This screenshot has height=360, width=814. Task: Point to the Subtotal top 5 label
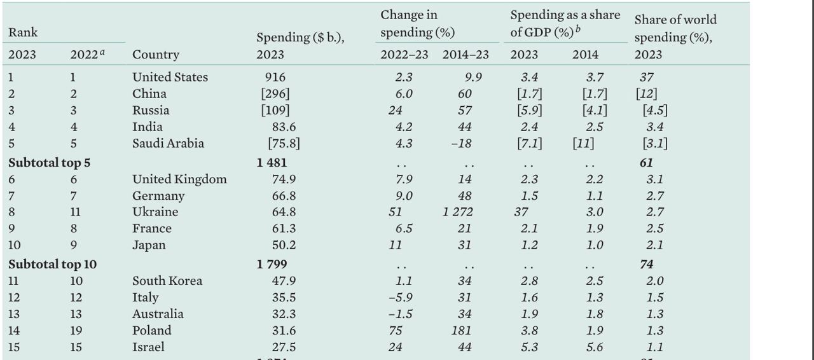pos(49,162)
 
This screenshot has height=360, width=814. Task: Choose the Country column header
pos(155,55)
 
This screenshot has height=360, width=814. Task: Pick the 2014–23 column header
pos(466,55)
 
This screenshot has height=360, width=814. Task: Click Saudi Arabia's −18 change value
pos(461,144)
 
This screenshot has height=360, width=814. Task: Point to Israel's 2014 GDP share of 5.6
pos(585,347)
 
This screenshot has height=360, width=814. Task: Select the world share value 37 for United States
pos(647,77)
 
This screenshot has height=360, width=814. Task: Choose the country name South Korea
pos(167,280)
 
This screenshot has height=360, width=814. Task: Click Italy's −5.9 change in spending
pos(399,297)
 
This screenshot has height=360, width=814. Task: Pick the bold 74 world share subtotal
pos(647,263)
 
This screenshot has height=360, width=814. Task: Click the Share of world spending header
pos(675,29)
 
